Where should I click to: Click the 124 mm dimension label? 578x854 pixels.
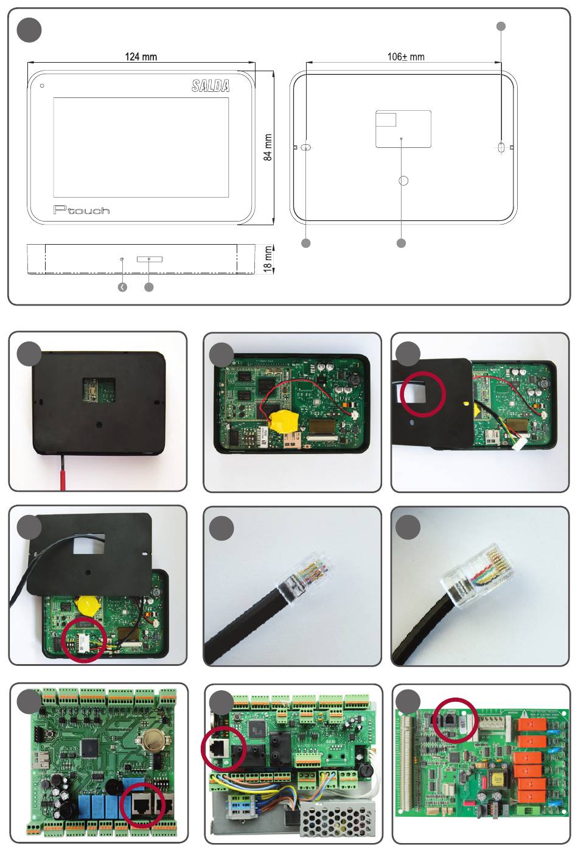[x=141, y=57]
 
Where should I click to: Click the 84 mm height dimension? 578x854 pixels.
[x=268, y=148]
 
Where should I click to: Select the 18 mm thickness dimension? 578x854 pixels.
[x=268, y=259]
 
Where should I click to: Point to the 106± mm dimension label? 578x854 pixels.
[x=406, y=57]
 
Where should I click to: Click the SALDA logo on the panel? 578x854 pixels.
[x=211, y=86]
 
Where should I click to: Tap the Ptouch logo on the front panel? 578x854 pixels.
[x=82, y=210]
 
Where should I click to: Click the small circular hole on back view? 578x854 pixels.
[x=403, y=181]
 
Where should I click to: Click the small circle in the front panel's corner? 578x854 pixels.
[x=42, y=85]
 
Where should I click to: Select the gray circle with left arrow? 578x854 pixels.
[x=123, y=287]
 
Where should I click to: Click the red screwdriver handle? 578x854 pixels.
[x=62, y=472]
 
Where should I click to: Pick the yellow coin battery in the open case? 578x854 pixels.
[x=282, y=419]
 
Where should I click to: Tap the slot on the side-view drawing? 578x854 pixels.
[x=150, y=259]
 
